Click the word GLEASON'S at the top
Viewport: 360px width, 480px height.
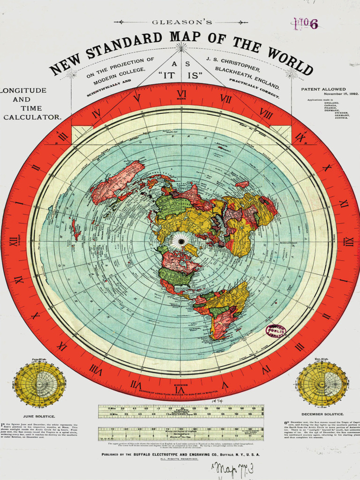(x=181, y=22)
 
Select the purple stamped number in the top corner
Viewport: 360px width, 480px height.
(x=306, y=24)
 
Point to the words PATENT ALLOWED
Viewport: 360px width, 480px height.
(x=323, y=89)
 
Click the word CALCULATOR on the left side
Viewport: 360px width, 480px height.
(x=32, y=117)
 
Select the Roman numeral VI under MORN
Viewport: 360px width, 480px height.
(x=181, y=94)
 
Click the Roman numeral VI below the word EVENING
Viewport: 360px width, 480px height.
(x=179, y=390)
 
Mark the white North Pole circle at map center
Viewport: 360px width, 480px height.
(x=181, y=241)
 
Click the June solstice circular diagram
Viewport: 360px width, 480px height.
(x=39, y=384)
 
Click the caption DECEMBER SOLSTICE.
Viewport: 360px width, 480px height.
(x=322, y=414)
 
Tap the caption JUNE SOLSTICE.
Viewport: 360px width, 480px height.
(x=39, y=416)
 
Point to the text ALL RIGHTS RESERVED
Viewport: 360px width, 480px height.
(x=180, y=459)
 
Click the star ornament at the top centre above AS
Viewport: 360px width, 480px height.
(x=181, y=47)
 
